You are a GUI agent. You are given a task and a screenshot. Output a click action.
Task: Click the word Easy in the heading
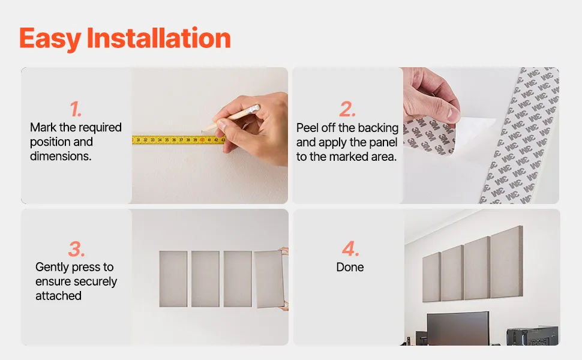pyautogui.click(x=50, y=39)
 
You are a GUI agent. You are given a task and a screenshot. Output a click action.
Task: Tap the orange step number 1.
pyautogui.click(x=76, y=109)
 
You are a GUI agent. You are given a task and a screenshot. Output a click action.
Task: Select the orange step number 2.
pyautogui.click(x=347, y=109)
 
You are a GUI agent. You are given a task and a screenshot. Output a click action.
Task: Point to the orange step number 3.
pyautogui.click(x=76, y=249)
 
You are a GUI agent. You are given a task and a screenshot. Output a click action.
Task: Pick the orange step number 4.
pyautogui.click(x=350, y=248)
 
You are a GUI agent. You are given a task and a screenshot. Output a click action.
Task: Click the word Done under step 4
pyautogui.click(x=350, y=267)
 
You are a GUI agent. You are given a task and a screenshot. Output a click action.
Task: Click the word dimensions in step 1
pyautogui.click(x=61, y=156)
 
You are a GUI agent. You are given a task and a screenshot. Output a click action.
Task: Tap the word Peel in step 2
pyautogui.click(x=307, y=128)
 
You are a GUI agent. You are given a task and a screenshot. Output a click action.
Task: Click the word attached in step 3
pyautogui.click(x=58, y=296)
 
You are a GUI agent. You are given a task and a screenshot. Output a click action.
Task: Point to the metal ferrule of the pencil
pyautogui.click(x=254, y=109)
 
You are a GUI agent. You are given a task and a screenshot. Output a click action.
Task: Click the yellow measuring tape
pyautogui.click(x=179, y=140)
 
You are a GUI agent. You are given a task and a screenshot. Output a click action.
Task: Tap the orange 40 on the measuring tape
pyautogui.click(x=202, y=140)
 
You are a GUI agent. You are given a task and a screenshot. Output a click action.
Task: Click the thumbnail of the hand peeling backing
pyautogui.click(x=481, y=136)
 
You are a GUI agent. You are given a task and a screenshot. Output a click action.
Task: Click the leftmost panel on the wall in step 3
pyautogui.click(x=173, y=279)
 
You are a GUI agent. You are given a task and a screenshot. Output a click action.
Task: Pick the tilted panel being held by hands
pyautogui.click(x=269, y=279)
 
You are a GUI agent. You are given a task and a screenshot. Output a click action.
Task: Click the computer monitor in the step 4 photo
pyautogui.click(x=458, y=328)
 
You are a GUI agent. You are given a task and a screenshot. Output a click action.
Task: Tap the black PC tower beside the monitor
pyautogui.click(x=532, y=335)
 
